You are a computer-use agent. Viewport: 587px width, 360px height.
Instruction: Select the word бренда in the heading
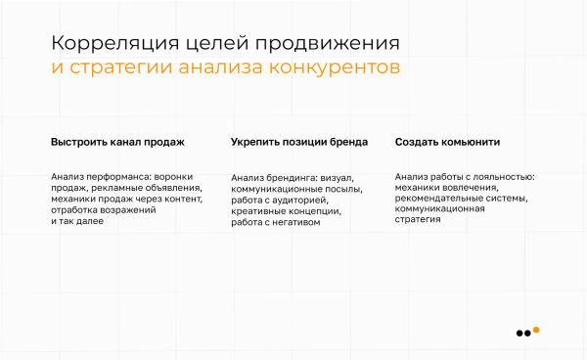(x=349, y=143)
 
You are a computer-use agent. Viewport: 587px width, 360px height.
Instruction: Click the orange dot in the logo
(x=536, y=330)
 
